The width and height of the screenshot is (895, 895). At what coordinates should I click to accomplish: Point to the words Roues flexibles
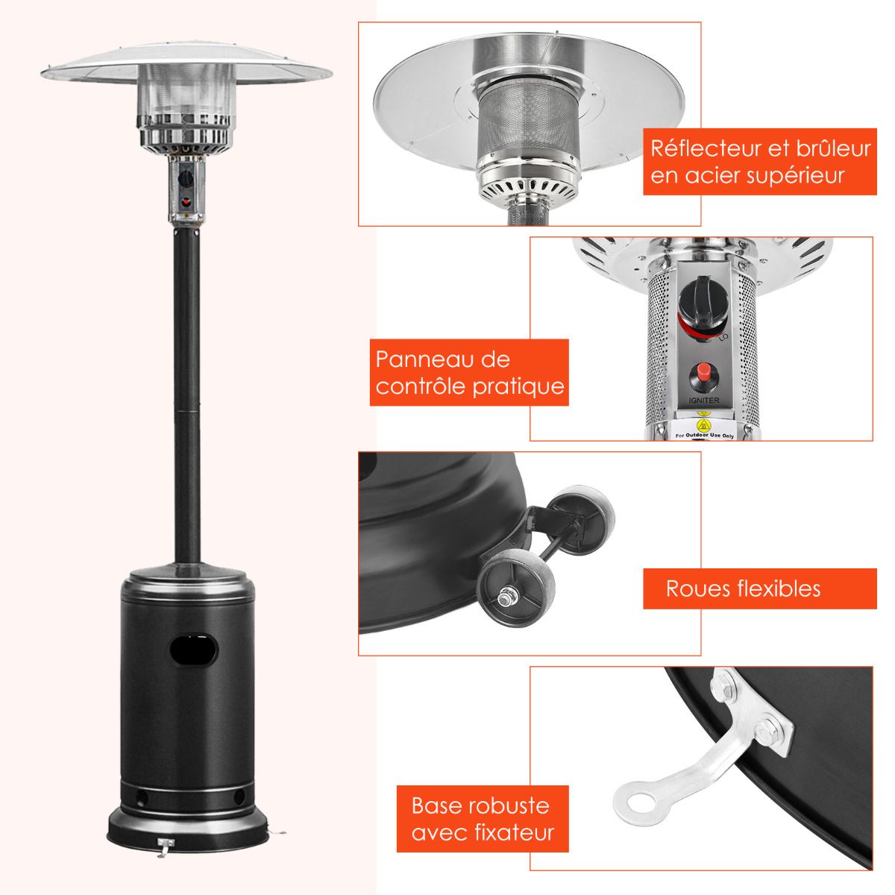(x=743, y=588)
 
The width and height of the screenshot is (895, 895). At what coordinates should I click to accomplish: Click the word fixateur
(x=514, y=832)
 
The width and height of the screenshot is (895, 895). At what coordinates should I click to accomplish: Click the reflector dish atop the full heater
(x=186, y=71)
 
